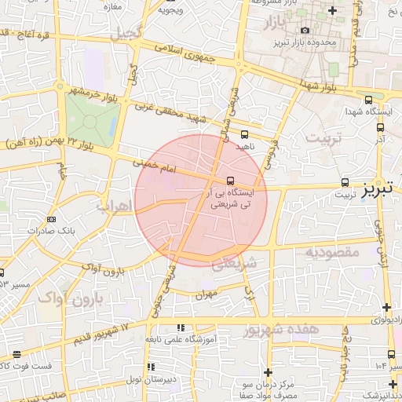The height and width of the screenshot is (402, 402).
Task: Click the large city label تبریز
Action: tap(381, 189)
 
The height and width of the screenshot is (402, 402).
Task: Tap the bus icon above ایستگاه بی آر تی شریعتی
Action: tap(229, 180)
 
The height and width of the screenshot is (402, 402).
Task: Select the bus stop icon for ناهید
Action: tap(244, 134)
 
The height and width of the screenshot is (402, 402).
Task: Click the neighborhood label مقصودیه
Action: tap(332, 253)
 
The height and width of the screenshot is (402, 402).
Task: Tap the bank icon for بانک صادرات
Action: tap(51, 219)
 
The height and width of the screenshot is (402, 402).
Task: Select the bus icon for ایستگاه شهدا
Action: tap(369, 100)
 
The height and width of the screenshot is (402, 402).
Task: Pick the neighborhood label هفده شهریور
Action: tap(282, 330)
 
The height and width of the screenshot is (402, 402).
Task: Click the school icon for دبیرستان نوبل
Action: tap(151, 367)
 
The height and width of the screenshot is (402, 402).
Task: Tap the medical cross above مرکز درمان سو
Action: tap(269, 372)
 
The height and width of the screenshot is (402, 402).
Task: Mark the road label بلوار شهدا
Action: tap(319, 86)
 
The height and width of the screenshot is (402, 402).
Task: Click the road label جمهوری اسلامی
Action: tap(183, 51)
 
